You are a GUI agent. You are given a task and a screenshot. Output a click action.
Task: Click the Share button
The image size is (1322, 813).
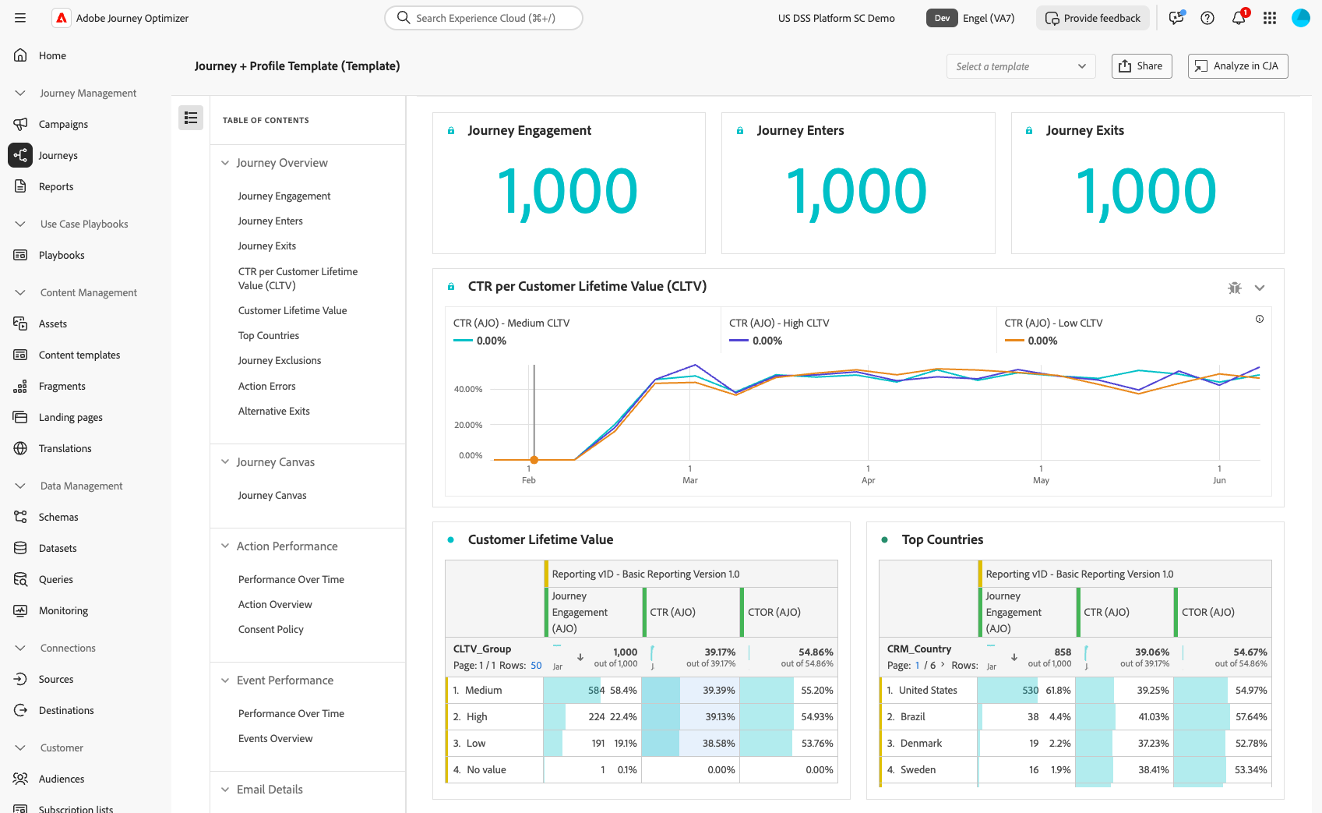click(x=1141, y=66)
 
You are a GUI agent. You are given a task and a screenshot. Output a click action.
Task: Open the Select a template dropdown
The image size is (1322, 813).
click(x=1021, y=66)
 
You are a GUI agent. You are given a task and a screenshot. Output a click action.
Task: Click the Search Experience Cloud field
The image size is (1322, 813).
click(x=485, y=18)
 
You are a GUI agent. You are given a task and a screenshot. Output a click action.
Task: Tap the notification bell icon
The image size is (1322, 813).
click(x=1238, y=18)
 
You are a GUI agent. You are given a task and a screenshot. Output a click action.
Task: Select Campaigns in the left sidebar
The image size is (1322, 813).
click(x=63, y=124)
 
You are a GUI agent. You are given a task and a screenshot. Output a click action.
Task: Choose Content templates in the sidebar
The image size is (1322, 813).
click(x=79, y=355)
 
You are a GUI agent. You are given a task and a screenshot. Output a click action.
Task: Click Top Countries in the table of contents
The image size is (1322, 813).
click(x=269, y=335)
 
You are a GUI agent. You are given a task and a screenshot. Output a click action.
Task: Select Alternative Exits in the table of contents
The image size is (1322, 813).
click(x=274, y=411)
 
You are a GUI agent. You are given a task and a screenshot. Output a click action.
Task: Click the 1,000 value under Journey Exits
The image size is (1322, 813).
click(x=1146, y=192)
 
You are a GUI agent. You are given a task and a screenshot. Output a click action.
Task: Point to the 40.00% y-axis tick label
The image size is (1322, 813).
click(x=468, y=389)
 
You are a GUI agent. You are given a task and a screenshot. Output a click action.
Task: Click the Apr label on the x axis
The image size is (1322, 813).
click(x=868, y=480)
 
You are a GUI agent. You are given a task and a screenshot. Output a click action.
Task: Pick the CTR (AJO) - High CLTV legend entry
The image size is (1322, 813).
click(x=779, y=323)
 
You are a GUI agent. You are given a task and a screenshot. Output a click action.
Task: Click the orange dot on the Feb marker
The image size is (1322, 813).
click(x=534, y=460)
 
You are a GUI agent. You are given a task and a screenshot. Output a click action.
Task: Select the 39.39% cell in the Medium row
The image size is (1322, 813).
click(x=718, y=690)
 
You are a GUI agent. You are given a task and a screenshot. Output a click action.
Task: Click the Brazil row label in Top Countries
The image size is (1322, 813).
click(x=912, y=716)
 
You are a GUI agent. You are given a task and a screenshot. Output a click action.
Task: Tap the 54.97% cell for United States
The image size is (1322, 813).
click(x=1250, y=690)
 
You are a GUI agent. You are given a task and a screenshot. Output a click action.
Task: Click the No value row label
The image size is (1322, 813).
click(x=486, y=769)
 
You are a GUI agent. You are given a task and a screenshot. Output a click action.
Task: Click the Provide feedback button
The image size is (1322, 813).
click(x=1093, y=18)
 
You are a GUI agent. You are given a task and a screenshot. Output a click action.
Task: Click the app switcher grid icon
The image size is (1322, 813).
click(x=1270, y=18)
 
